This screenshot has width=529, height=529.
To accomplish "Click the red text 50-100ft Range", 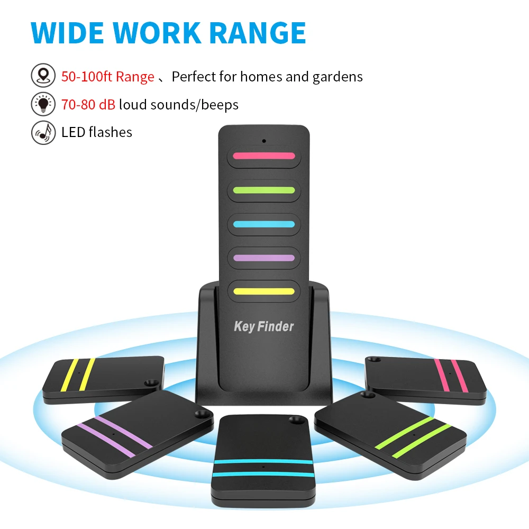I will click(107, 77).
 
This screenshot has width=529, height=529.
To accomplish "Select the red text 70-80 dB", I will click(88, 105).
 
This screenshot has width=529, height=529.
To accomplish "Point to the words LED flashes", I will click(97, 132).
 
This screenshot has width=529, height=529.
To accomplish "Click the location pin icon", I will click(43, 76).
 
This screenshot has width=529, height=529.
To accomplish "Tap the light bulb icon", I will click(43, 104).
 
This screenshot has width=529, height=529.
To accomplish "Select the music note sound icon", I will click(43, 132).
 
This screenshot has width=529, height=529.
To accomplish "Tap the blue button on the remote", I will click(263, 224).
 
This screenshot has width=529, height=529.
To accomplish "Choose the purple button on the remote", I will click(263, 258).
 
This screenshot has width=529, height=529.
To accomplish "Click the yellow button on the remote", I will click(263, 291).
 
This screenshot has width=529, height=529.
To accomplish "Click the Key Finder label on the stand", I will click(263, 326).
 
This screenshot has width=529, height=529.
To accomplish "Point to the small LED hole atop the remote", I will click(263, 141).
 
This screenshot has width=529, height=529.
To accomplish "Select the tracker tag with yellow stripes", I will click(103, 379).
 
